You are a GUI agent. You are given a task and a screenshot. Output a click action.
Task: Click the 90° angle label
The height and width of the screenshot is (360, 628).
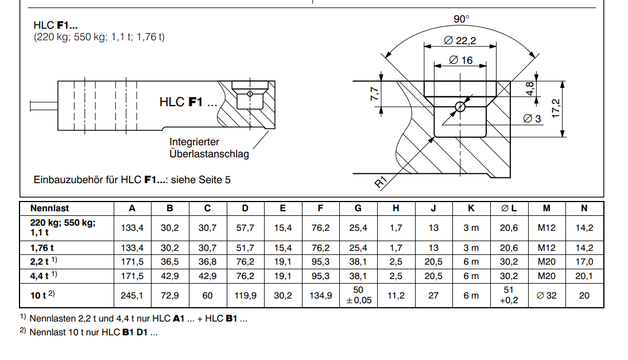coord(461,19)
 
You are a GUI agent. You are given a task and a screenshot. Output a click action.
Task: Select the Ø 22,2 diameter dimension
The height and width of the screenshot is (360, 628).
coord(460,40)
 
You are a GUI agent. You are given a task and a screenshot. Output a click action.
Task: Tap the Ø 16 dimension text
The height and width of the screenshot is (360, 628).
coord(460,60)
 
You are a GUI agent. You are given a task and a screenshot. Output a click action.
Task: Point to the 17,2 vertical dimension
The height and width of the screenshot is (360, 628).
coord(556,109)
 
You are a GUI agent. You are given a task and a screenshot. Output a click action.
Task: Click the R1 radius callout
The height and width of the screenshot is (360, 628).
coord(381,182)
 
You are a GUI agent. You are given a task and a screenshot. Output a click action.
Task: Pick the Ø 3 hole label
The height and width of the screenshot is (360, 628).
coord(532,118)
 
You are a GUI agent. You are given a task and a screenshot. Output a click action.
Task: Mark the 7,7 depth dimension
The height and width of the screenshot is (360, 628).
coord(374,94)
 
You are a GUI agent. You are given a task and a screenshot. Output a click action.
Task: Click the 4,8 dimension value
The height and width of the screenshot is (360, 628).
coord(529,88)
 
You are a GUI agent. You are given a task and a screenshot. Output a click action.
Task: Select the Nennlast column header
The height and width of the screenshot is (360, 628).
coord(49,208)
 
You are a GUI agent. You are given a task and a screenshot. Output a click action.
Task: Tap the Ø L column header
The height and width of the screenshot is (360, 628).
coord(509,208)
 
